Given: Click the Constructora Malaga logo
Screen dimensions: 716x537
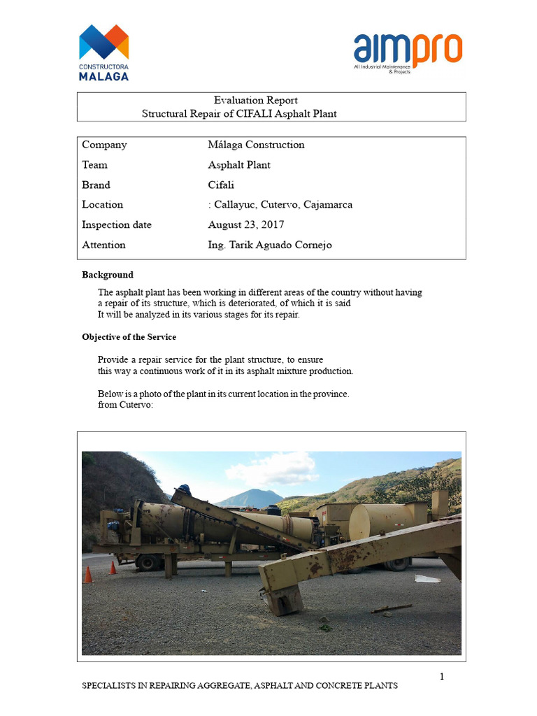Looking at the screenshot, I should coord(103,52).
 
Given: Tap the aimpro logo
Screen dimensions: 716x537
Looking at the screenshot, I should coord(408,53).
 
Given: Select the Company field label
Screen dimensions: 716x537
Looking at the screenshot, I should coord(104,145).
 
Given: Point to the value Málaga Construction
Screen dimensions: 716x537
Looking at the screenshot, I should coord(256,145).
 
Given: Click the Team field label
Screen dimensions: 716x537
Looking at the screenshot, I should coord(94,165).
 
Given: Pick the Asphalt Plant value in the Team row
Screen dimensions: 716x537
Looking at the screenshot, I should coord(239,165).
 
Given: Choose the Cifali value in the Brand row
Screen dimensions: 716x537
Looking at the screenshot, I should coord(221,185).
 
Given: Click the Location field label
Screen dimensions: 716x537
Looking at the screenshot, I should coord(102,205).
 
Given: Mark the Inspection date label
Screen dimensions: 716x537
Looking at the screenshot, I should coord(117,225).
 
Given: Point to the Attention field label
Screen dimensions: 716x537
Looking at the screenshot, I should coord(103,245).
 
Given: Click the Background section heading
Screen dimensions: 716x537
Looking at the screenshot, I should coord(108,275).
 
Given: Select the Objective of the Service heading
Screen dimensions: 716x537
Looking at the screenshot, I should coord(129,337).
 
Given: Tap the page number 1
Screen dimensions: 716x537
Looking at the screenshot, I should coord(442,676).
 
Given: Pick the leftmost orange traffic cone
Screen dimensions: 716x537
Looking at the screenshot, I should coord(87,574).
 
